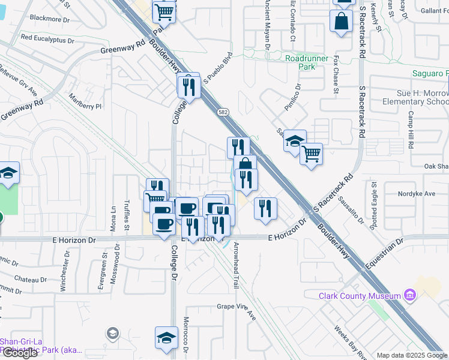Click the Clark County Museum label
[x=360, y=296]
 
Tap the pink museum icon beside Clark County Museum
[x=410, y=295]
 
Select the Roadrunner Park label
[x=309, y=62]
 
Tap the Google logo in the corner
[x=20, y=353]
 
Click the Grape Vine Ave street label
[x=237, y=310]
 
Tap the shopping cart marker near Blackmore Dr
[x=164, y=11]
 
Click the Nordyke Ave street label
[x=417, y=194]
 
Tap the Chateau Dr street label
[x=31, y=280]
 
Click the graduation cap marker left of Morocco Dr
[x=166, y=338]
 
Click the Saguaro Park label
[x=430, y=74]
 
